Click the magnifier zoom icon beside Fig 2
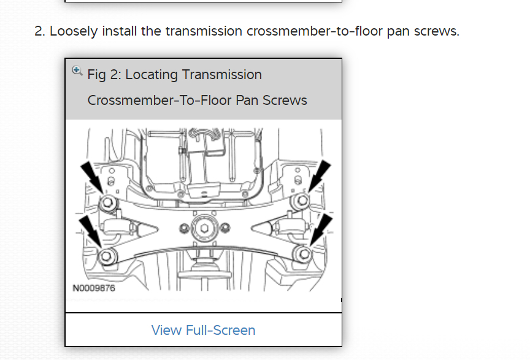77,71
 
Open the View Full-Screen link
203,330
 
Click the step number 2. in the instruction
40,31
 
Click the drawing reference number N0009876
93,288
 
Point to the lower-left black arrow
91,231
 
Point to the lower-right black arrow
320,231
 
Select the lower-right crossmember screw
301,253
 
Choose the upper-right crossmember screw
302,201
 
